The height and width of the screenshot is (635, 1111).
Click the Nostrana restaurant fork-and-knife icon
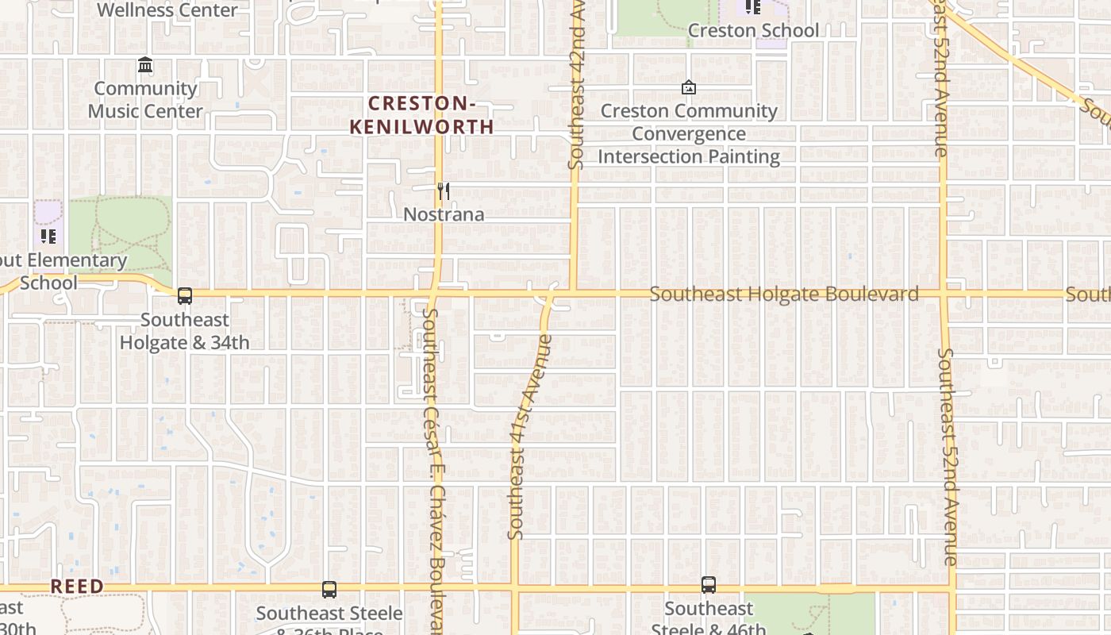pyautogui.click(x=444, y=191)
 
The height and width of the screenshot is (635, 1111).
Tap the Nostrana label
pyautogui.click(x=444, y=214)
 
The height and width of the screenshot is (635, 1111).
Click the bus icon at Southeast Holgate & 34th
pyautogui.click(x=185, y=296)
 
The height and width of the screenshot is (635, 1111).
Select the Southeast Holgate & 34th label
pyautogui.click(x=185, y=331)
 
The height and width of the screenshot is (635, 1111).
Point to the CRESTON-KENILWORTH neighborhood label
pyautogui.click(x=421, y=115)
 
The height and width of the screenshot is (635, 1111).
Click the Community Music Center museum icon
pyautogui.click(x=145, y=64)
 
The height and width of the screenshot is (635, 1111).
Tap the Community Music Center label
pyautogui.click(x=145, y=99)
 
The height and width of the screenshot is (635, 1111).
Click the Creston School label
pyautogui.click(x=753, y=30)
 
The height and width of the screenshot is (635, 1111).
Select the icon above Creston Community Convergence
pyautogui.click(x=689, y=87)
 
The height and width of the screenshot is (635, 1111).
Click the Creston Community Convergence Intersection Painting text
pyautogui.click(x=689, y=133)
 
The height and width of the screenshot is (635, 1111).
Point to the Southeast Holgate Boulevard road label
pyautogui.click(x=784, y=294)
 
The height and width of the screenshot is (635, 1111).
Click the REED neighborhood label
pyautogui.click(x=77, y=586)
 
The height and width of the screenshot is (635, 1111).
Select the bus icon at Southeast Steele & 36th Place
pyautogui.click(x=329, y=590)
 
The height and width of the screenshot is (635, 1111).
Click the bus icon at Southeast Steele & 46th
pyautogui.click(x=709, y=585)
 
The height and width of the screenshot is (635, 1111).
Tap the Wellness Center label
pyautogui.click(x=167, y=10)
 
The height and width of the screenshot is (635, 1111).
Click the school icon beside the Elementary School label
pyautogui.click(x=48, y=236)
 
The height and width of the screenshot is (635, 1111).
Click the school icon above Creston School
pyautogui.click(x=753, y=7)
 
